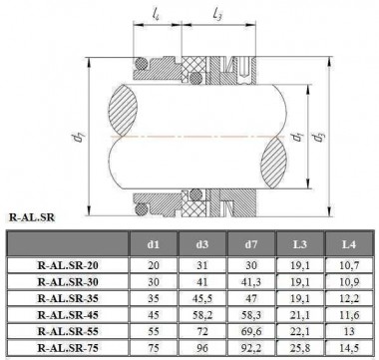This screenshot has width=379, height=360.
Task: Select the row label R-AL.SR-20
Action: [67, 267]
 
